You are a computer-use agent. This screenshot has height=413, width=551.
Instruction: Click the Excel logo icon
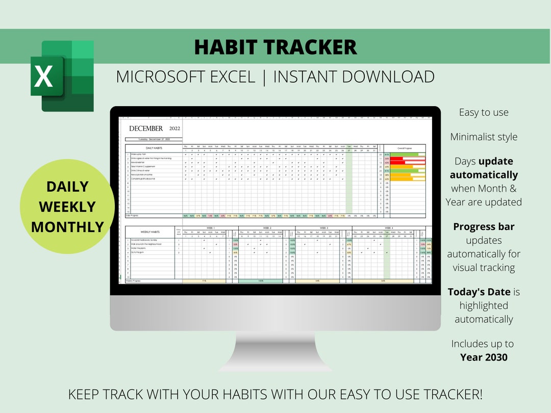(62, 76)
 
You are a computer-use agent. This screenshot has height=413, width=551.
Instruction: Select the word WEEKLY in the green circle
(67, 206)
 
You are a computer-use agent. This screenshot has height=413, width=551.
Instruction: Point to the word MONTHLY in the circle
(67, 226)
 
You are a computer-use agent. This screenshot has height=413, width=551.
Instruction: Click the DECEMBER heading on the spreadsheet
(146, 128)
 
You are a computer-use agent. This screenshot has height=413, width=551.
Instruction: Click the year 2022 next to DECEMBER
(174, 128)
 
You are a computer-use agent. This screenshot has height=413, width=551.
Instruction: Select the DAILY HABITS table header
(154, 148)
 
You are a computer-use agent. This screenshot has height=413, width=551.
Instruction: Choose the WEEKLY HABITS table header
(150, 232)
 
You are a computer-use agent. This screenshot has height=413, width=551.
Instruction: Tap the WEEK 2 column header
(267, 228)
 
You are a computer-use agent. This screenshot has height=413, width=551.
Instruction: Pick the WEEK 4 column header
(388, 228)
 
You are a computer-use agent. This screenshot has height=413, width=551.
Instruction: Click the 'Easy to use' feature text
(484, 113)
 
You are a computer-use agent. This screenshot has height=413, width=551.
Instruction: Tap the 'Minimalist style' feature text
(484, 137)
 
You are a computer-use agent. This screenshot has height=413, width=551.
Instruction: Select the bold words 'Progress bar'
(484, 227)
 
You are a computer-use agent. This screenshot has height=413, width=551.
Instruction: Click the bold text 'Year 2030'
(484, 357)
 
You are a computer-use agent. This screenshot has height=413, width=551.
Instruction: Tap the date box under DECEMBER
(154, 139)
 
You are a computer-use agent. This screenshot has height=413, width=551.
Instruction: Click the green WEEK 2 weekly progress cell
(260, 280)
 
